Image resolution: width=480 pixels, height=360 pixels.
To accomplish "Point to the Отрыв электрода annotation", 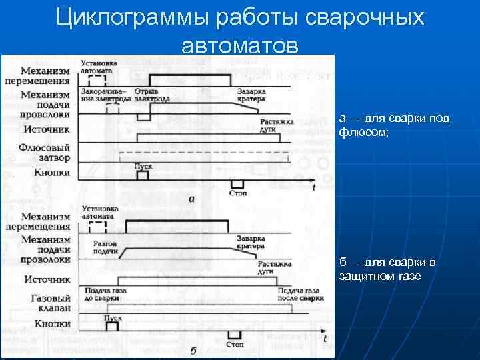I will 151,95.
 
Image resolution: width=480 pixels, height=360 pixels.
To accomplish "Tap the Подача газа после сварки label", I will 301,293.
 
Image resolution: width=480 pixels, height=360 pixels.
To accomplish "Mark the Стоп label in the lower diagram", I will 235,344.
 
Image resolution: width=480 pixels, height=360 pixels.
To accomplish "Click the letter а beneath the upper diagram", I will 192,199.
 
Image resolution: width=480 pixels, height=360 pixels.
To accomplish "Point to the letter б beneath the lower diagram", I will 192,351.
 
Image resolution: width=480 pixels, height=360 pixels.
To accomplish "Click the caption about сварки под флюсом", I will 394,125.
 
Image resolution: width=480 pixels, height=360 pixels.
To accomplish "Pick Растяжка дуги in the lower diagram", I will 274,267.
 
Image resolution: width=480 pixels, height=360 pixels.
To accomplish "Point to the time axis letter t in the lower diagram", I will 325,339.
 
